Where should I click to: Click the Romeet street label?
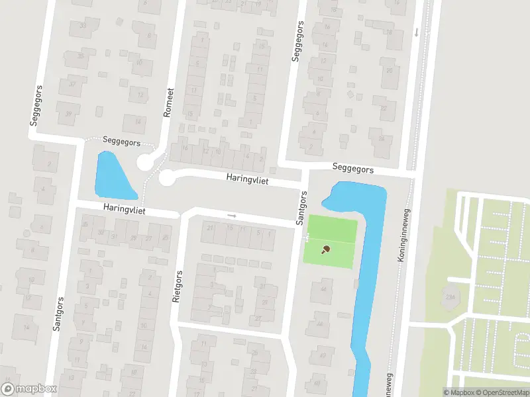pos(170,103)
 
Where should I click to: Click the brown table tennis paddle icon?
pos(325,249)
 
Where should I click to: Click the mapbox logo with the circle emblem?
pos(29,389)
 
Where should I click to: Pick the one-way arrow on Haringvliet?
pos(231,215)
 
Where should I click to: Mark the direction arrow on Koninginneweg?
pos(416,32)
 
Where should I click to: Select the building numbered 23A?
pos(452,297)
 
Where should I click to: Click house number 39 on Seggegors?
pos(69,113)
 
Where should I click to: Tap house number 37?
pos(73,84)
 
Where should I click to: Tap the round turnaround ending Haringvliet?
pos(166,177)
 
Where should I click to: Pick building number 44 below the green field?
pos(323,289)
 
